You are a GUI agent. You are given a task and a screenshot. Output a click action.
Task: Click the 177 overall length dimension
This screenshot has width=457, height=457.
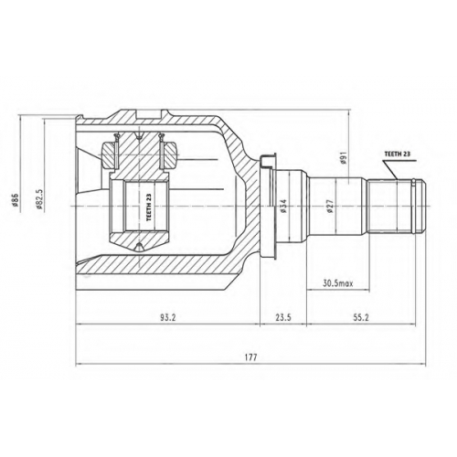click(x=251, y=357)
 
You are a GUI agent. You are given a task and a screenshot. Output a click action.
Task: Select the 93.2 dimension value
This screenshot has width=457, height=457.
click(x=168, y=317)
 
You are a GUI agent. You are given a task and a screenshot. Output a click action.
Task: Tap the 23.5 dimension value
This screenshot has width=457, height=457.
click(x=283, y=317)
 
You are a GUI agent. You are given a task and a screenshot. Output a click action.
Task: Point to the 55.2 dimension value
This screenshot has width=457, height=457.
click(x=361, y=317)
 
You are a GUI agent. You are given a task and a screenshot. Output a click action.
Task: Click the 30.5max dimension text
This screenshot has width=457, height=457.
click(x=337, y=283)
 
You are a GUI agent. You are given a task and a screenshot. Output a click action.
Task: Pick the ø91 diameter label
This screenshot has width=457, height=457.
click(x=344, y=159)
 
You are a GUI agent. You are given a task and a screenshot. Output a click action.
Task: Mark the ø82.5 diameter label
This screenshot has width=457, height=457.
click(x=39, y=199)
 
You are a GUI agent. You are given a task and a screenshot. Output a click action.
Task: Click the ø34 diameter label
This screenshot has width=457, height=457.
click(x=283, y=206)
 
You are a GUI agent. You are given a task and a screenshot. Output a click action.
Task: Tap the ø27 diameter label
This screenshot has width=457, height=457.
click(x=329, y=206)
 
